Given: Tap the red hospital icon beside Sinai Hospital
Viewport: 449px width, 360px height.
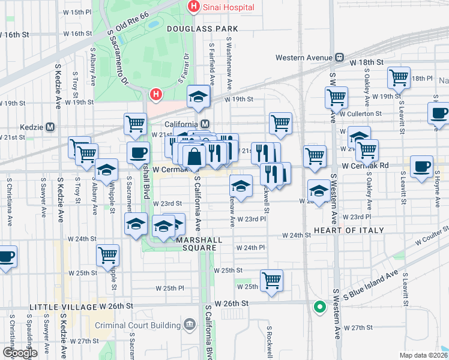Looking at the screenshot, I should coord(193,7).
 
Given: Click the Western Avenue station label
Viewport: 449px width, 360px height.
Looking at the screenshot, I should coord(304,58).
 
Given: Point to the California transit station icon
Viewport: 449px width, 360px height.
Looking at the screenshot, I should coord(205,124).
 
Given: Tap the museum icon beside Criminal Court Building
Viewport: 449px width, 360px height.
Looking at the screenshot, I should coord(190,325).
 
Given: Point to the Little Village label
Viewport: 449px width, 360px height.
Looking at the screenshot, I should coord(64,307).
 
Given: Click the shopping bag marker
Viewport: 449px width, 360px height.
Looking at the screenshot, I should coord(194,158).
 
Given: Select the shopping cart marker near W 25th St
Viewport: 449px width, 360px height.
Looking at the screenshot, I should coord(272,280).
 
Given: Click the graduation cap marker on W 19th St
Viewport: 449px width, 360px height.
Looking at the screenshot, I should coord(197,97).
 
